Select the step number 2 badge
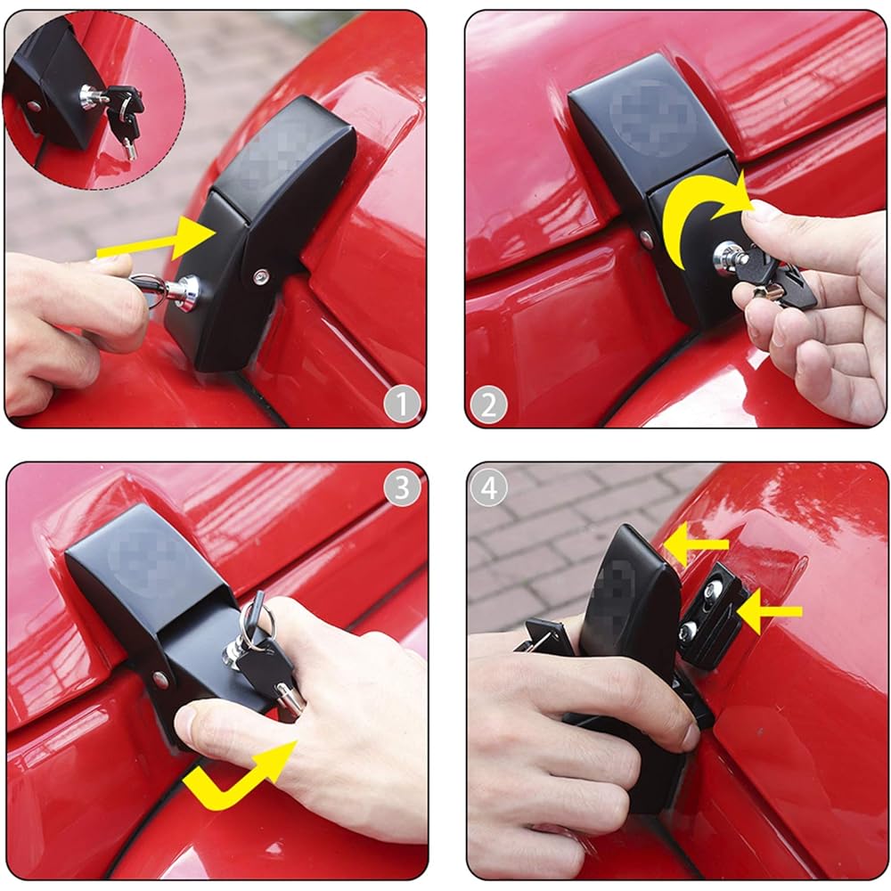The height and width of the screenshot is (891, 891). pos(488,405)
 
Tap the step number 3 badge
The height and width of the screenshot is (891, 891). pos(402,487)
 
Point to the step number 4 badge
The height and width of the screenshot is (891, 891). pos(488,487)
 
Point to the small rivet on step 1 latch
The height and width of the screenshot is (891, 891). pos(259,277)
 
